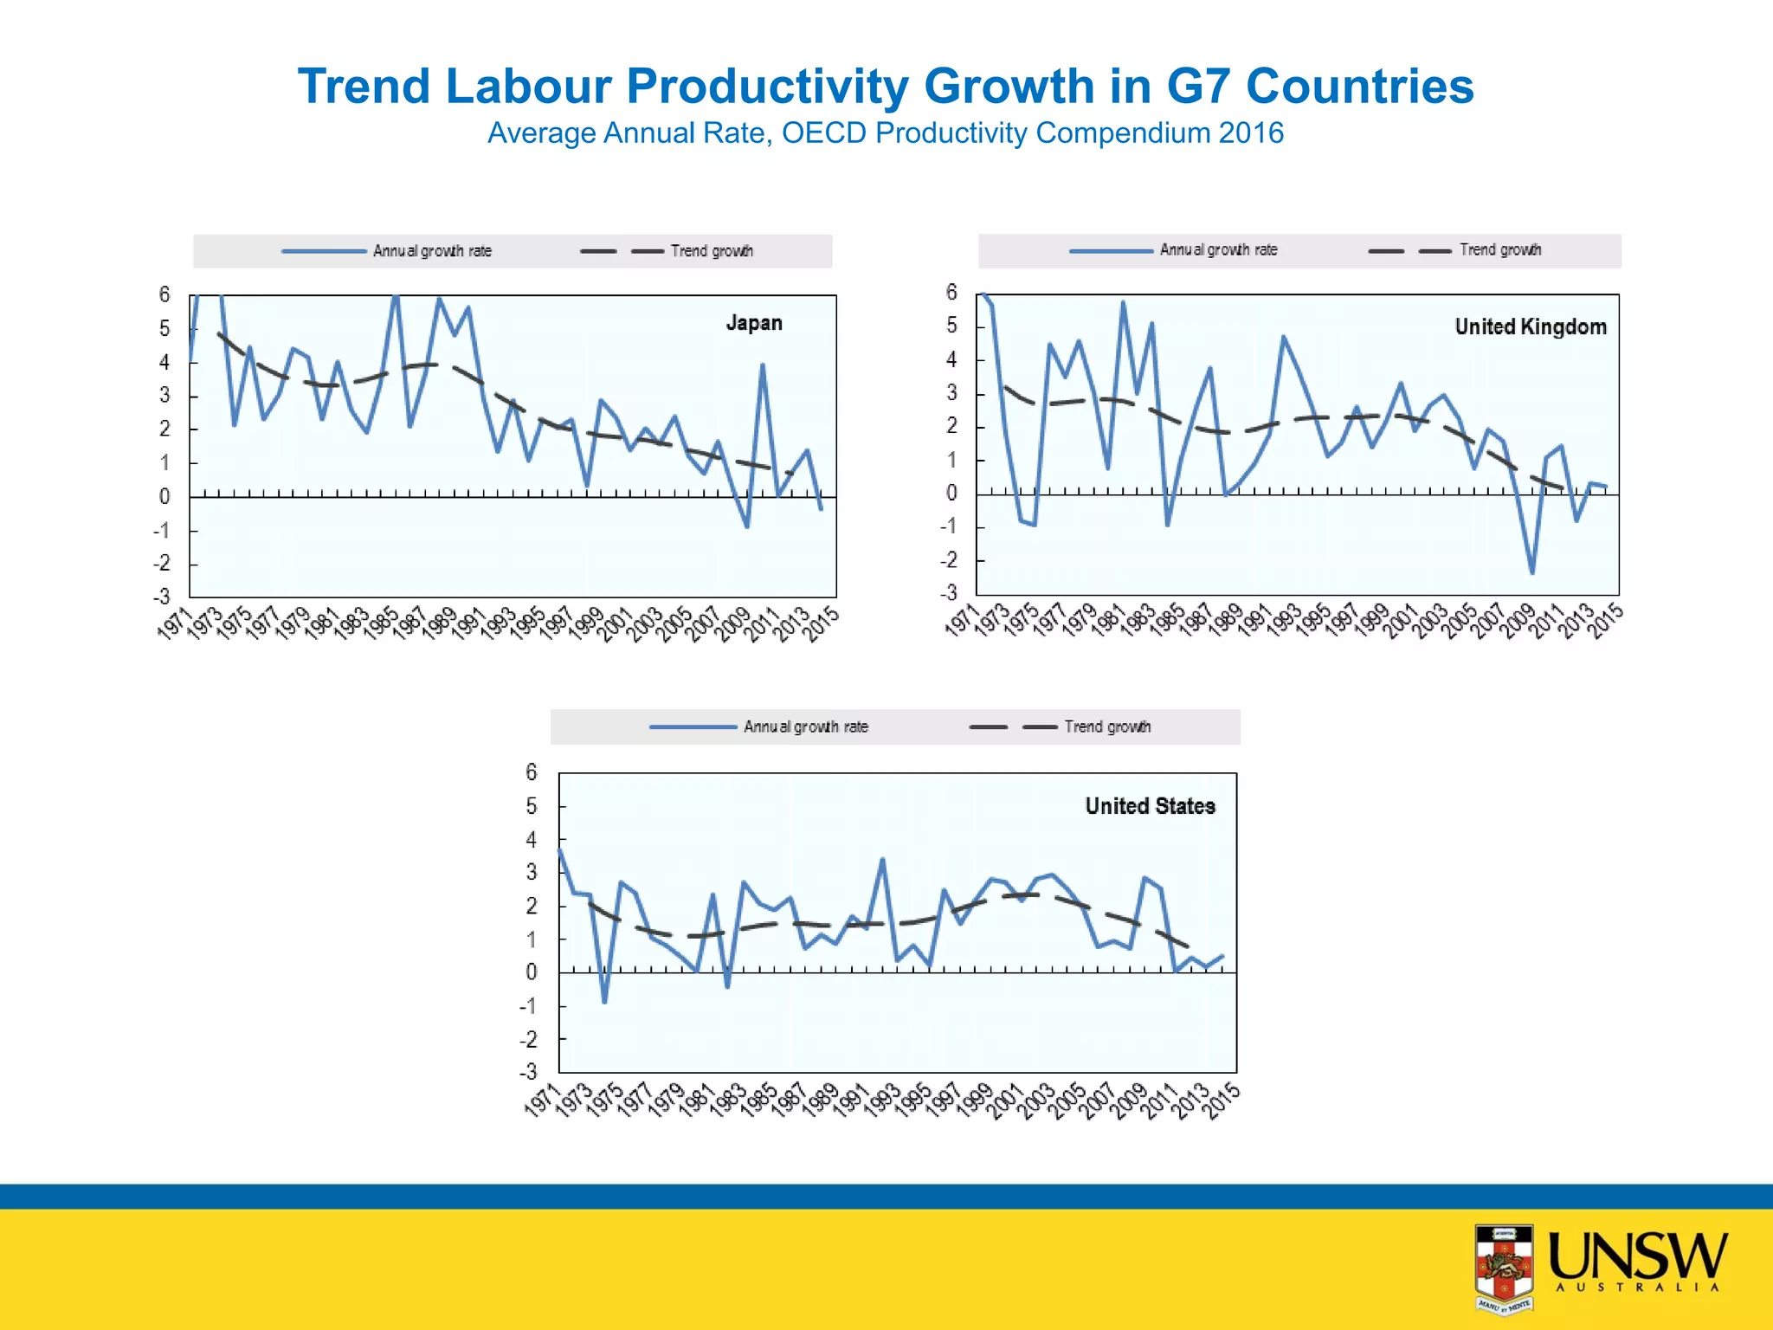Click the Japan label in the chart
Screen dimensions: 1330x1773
753,323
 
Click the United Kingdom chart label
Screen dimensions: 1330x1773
1530,326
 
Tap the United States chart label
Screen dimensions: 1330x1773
1150,806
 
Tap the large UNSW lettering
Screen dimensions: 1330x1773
1636,1257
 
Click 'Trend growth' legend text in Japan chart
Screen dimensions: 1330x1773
711,251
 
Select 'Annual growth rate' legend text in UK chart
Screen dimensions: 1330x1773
1218,250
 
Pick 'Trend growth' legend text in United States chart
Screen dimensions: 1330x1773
1106,726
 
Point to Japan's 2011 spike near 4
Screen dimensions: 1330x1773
762,365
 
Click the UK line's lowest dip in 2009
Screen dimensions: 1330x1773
1531,572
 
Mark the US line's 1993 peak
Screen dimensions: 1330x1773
882,859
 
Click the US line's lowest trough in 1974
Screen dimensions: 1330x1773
604,1002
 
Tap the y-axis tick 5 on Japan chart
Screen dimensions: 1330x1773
164,329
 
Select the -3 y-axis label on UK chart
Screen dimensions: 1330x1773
950,593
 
